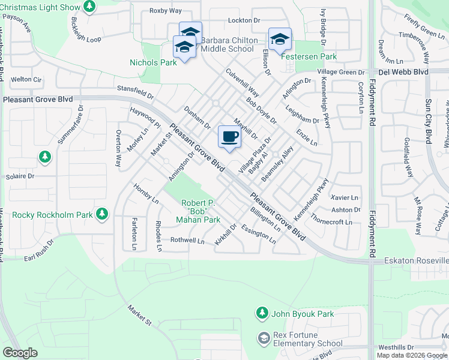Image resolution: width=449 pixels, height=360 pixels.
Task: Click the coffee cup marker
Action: click(229, 137)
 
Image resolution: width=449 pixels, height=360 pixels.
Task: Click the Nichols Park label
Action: click(153, 62)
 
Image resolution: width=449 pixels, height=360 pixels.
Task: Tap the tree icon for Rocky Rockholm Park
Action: click(103, 214)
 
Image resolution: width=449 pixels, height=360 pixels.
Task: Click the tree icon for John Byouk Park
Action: click(261, 313)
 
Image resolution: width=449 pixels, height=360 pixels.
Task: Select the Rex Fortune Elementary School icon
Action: click(263, 339)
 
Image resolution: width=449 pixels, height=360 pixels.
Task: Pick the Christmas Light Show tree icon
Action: click(89, 7)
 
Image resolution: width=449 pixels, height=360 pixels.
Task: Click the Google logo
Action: click(20, 353)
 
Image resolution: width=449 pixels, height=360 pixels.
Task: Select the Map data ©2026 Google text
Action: click(412, 355)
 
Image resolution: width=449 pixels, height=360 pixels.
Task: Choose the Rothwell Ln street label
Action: click(188, 240)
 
